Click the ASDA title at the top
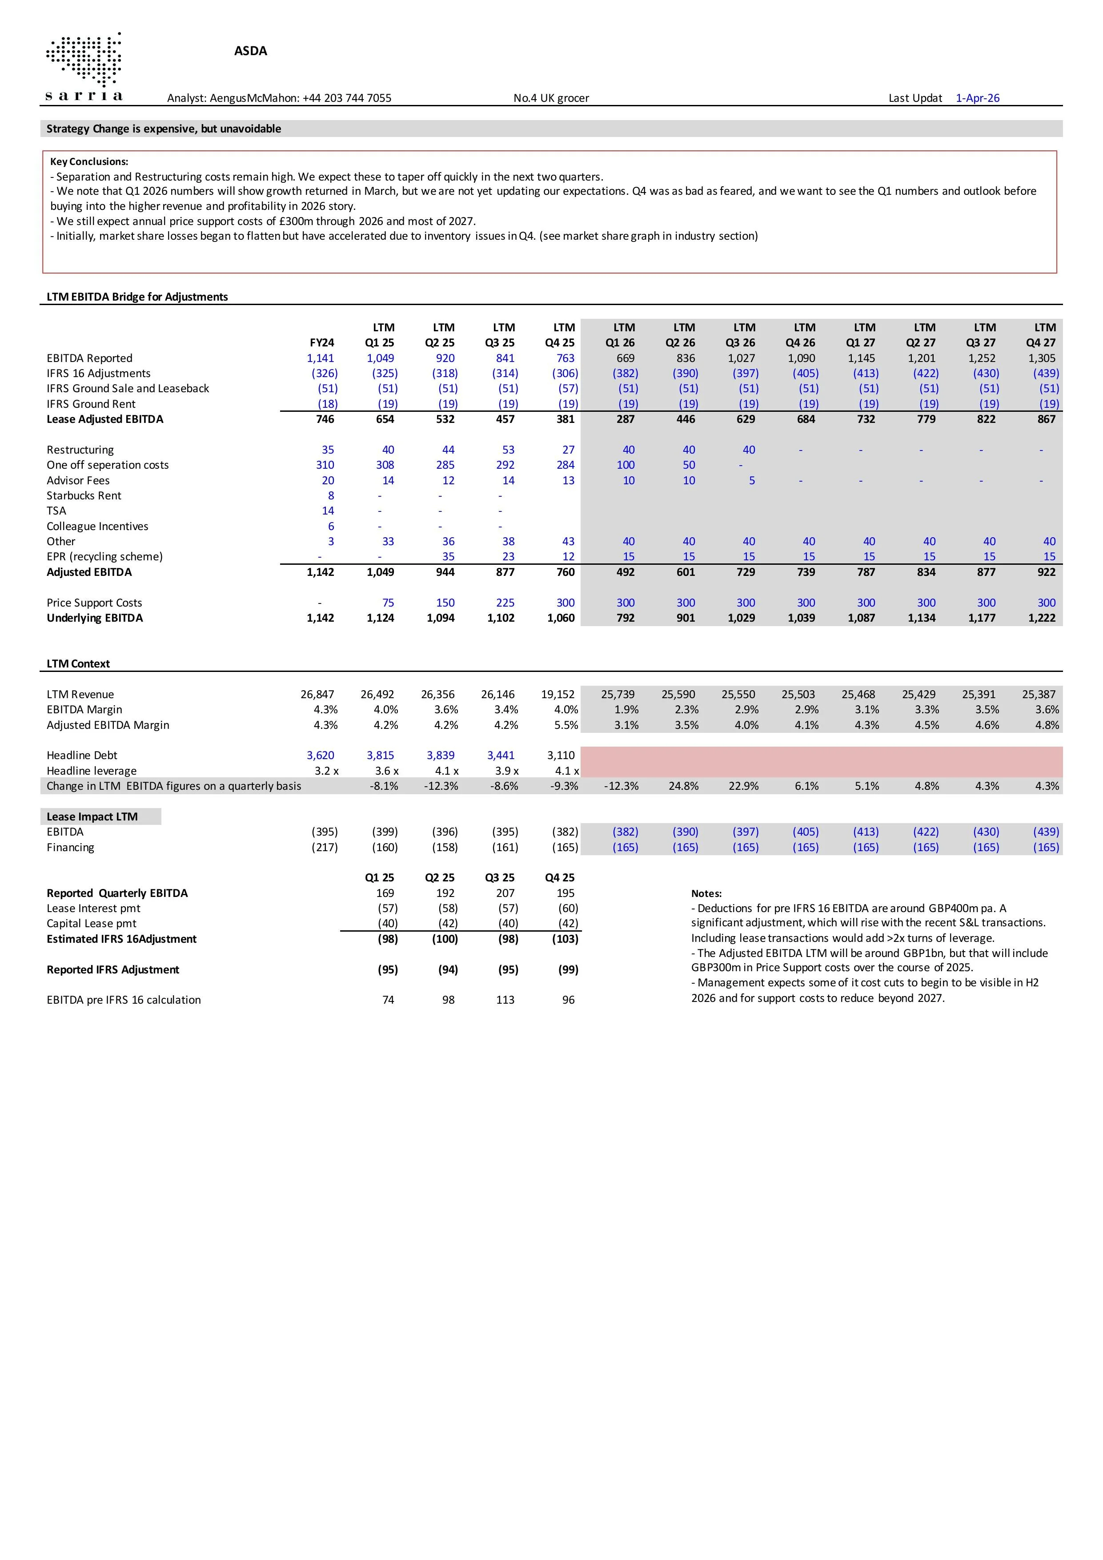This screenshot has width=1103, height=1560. pos(251,51)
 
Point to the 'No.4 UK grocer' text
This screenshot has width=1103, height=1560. pos(551,98)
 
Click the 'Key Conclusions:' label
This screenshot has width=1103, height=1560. pos(89,162)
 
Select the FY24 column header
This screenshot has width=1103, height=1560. pos(322,342)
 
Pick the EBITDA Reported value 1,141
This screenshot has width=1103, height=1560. pos(321,358)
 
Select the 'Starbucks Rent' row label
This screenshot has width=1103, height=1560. pos(84,495)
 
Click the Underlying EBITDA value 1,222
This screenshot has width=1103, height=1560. pos(1042,618)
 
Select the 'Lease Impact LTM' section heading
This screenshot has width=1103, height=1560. pos(92,817)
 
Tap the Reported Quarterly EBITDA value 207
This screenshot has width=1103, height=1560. pos(505,893)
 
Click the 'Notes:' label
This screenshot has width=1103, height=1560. pos(706,893)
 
